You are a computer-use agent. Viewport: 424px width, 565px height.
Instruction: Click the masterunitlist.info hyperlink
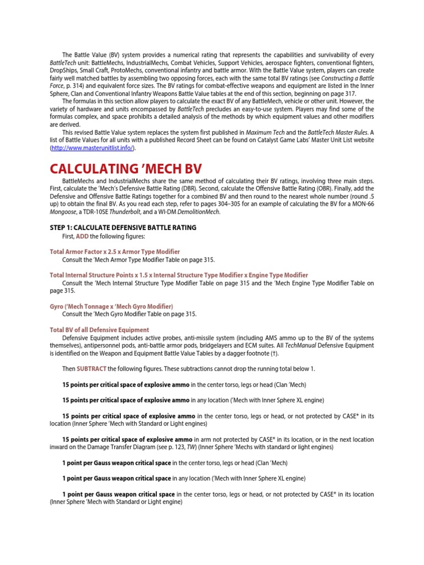pyautogui.click(x=92, y=148)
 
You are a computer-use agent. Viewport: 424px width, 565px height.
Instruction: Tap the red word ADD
pyautogui.click(x=82, y=236)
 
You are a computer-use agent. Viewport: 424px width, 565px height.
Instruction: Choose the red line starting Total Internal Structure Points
pyautogui.click(x=178, y=275)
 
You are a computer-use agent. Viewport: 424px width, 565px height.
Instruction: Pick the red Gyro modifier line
pyautogui.click(x=111, y=306)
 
